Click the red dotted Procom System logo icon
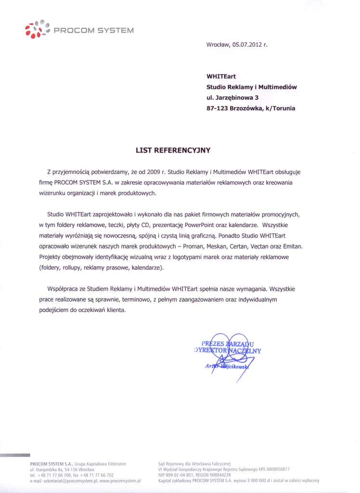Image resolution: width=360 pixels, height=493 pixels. pos(36,29)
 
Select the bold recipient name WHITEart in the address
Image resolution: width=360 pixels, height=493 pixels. pos(221,76)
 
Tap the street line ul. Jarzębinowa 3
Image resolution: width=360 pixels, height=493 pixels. pos(232,98)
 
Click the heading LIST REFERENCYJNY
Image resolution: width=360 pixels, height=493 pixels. pos(173,150)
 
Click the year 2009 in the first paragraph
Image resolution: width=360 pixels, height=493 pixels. pos(154,172)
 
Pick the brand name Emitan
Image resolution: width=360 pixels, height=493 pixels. pos(292,246)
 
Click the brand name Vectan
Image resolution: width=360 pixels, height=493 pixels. pos(261,246)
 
